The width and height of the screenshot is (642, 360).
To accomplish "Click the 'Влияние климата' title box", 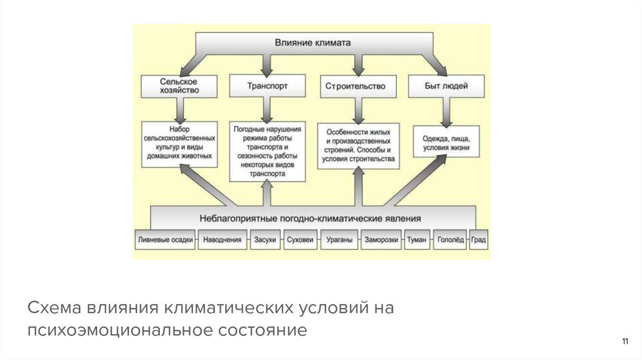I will (312, 43).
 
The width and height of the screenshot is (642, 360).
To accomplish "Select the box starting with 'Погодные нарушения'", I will (267, 151).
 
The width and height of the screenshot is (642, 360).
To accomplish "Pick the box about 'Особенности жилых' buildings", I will (358, 146).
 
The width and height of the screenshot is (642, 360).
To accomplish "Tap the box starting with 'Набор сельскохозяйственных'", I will (179, 144).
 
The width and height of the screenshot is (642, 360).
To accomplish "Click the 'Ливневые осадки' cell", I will (164, 240).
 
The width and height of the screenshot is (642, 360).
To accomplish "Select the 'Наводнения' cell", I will (223, 240).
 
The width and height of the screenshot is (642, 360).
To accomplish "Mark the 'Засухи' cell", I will (265, 240).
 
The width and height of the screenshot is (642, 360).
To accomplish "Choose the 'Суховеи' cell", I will (300, 240).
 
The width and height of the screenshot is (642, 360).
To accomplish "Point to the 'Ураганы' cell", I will (339, 240).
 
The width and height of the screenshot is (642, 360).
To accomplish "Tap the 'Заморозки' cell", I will (381, 240).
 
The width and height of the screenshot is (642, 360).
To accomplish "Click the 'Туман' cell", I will (416, 240).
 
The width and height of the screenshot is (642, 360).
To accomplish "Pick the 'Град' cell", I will (478, 240).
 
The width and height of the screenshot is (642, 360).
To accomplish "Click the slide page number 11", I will (624, 341).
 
